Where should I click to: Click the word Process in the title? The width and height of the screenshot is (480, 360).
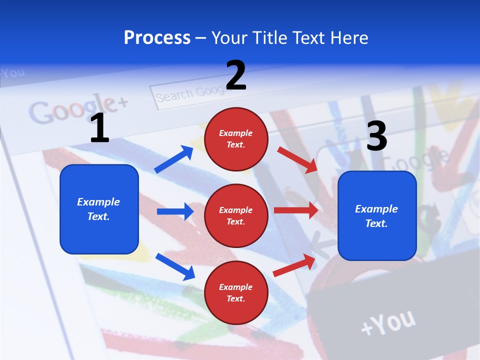(157, 38)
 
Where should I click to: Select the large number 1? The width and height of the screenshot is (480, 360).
(99, 128)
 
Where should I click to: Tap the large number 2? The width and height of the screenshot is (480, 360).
(236, 75)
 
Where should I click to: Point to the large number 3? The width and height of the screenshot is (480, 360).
(376, 136)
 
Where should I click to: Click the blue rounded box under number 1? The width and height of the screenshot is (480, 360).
(99, 209)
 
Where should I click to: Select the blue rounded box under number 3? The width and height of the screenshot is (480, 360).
(377, 215)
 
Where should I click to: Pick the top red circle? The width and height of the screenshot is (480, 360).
(236, 139)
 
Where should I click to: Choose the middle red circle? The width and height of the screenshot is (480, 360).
(236, 215)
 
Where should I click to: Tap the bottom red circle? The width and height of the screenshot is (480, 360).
(236, 292)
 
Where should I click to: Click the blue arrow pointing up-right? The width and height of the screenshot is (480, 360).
(174, 159)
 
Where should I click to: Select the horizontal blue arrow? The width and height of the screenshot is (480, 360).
(175, 211)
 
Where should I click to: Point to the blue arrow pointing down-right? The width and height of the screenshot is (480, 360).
(175, 266)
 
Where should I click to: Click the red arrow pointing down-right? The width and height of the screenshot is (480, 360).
(298, 159)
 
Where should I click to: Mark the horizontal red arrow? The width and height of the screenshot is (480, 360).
(296, 210)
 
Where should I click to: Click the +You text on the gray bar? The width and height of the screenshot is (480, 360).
(388, 322)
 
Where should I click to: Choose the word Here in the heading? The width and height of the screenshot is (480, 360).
(348, 38)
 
